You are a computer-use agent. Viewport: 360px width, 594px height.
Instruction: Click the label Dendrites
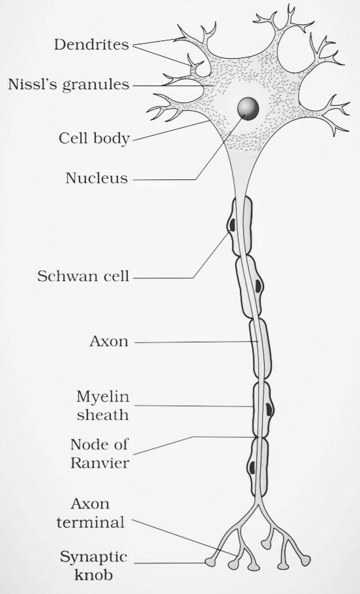tap(91, 45)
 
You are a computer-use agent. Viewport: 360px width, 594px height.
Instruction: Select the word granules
tap(96, 85)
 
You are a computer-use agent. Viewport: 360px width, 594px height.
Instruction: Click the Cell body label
tap(94, 139)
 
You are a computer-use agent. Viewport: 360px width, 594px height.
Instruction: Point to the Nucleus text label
tap(97, 178)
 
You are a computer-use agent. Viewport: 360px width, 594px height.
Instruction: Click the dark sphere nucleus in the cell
tap(248, 108)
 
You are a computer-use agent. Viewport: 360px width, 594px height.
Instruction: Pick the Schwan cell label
tap(83, 276)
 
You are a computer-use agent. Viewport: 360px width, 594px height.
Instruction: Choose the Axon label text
tap(109, 342)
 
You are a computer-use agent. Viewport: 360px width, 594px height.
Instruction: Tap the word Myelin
tap(102, 397)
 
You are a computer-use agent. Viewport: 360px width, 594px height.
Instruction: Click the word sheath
tap(102, 415)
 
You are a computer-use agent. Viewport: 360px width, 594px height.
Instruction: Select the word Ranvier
tap(100, 463)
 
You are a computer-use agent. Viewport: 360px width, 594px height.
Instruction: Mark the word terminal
tap(91, 522)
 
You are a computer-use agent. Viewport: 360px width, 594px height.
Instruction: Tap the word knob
tap(94, 574)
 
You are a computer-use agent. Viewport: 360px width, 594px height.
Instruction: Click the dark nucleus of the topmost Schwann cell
tap(232, 225)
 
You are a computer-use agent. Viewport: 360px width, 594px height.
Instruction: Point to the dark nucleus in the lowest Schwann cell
tap(251, 467)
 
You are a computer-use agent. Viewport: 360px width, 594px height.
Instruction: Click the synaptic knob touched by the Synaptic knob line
tap(209, 563)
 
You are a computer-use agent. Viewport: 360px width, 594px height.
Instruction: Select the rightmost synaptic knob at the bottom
tap(305, 560)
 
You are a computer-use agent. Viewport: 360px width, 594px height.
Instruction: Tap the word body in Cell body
tap(113, 139)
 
